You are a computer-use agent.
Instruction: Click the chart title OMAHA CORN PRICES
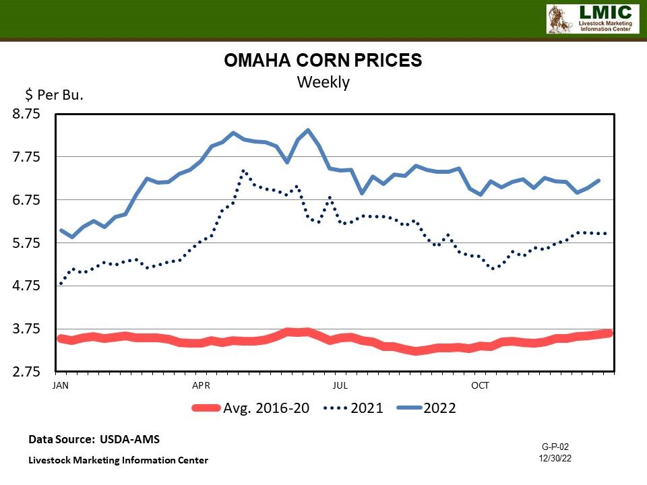coord(323,61)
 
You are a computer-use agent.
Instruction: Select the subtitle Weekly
coord(323,82)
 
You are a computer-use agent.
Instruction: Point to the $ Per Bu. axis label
coord(54,95)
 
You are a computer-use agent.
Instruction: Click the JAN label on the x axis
coord(61,386)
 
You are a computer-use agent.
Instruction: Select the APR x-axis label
coord(201,386)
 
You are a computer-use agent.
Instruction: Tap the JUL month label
coord(340,386)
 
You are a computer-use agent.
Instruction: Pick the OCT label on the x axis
coord(480,386)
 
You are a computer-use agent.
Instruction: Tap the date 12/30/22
coord(555,458)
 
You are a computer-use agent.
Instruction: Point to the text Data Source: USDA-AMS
coord(94,439)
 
